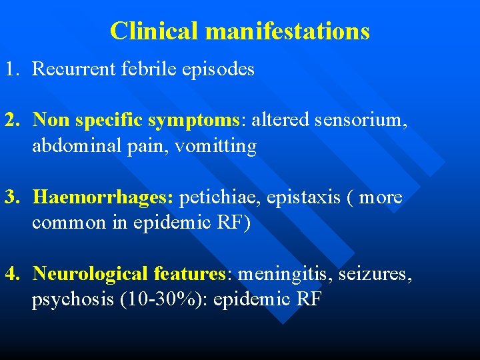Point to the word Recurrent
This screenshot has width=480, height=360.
[x=72, y=69]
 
